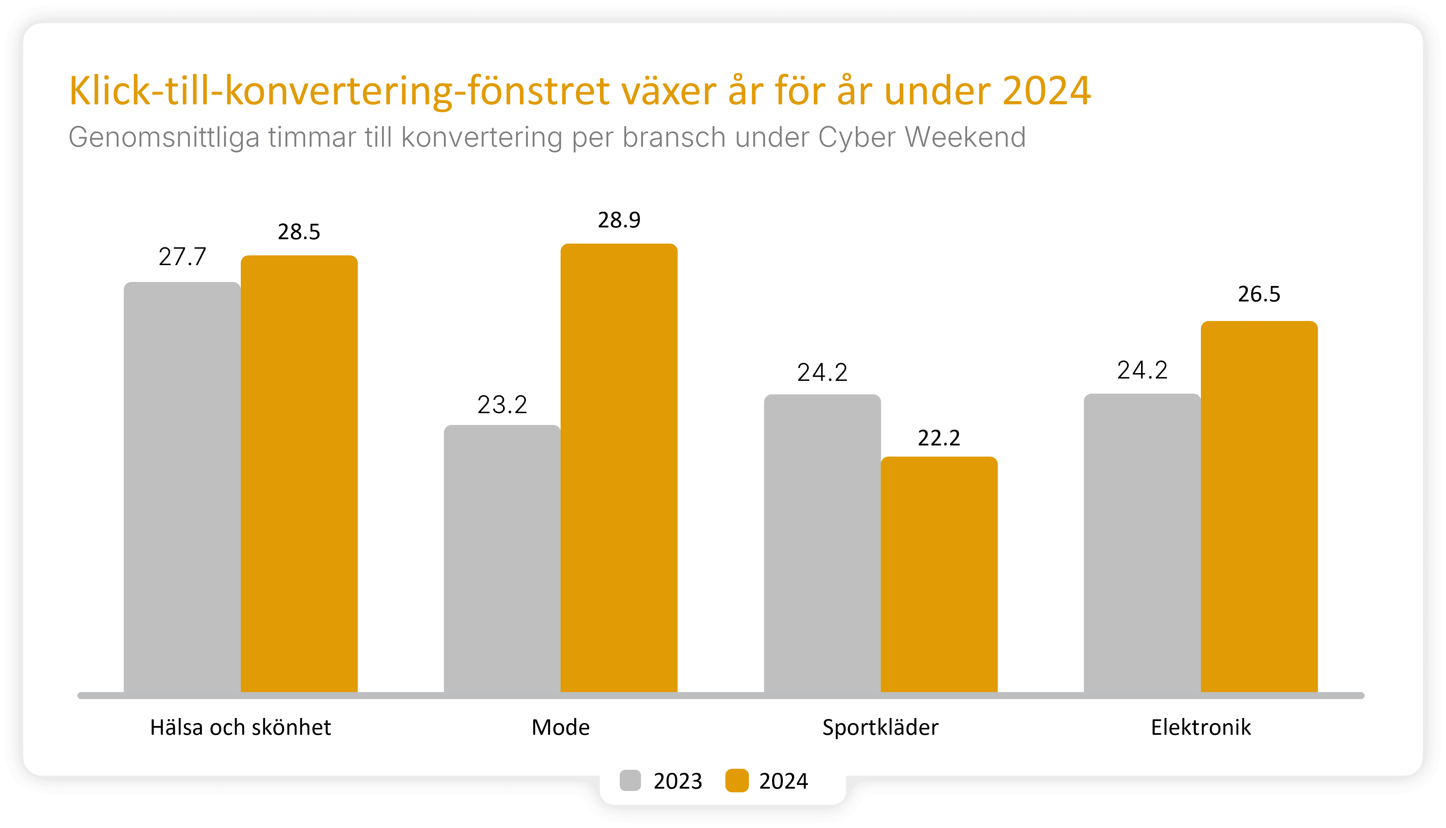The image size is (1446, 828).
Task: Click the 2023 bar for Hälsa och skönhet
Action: coord(182,488)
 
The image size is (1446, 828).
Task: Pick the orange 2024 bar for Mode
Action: coord(619,468)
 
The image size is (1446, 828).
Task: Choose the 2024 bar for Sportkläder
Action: coord(939,574)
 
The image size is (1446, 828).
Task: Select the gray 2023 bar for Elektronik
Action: coord(1142,543)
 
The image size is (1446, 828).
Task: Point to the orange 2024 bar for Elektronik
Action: coord(1259,507)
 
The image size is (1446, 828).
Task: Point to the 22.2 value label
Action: coord(939,438)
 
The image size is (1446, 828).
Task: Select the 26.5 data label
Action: coord(1259,294)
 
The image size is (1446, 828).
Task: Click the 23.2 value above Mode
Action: coord(502,405)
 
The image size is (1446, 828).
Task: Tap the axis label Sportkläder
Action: coord(880,727)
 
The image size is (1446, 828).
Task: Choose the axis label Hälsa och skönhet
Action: coord(240,727)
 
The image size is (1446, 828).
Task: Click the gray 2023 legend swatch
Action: coord(630,781)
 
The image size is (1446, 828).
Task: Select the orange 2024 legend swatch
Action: coord(737,781)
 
